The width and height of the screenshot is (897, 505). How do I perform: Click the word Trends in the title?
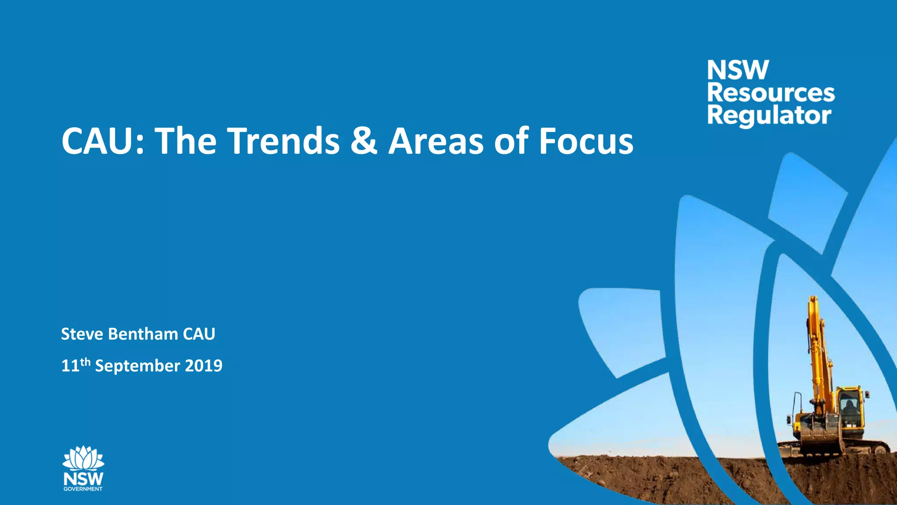pyautogui.click(x=283, y=141)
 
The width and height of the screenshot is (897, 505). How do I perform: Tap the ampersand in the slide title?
pyautogui.click(x=364, y=141)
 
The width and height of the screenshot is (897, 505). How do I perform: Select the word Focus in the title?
pyautogui.click(x=586, y=141)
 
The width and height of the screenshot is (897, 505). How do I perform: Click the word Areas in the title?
pyautogui.click(x=436, y=141)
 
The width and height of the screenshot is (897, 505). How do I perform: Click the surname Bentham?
pyautogui.click(x=143, y=334)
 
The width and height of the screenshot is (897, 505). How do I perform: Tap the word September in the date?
pyautogui.click(x=137, y=366)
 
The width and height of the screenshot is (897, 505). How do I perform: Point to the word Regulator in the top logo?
pyautogui.click(x=769, y=116)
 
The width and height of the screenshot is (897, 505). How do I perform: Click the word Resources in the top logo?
pyautogui.click(x=771, y=93)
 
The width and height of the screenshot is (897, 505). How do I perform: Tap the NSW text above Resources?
pyautogui.click(x=738, y=70)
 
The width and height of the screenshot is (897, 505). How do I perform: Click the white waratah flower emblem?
pyautogui.click(x=83, y=458)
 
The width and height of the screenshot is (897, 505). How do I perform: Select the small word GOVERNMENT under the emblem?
pyautogui.click(x=83, y=489)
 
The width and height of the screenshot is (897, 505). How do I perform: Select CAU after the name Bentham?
pyautogui.click(x=199, y=334)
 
